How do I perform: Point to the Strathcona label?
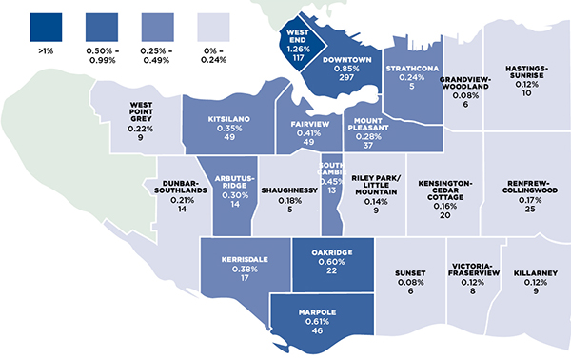pos(410,69)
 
